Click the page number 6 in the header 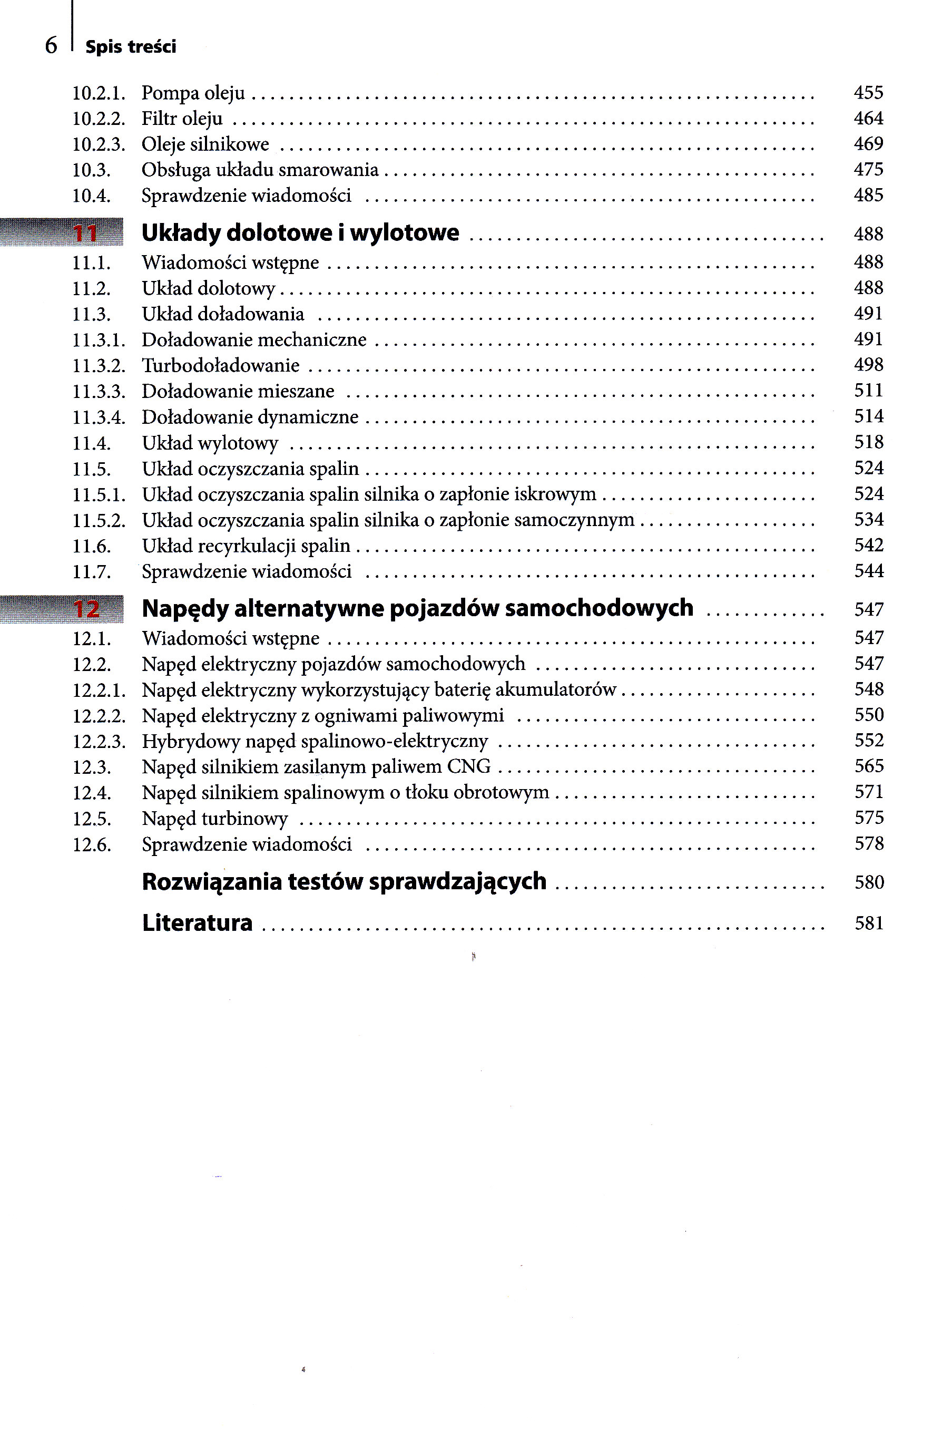point(51,46)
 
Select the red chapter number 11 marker point(85,233)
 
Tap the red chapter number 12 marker point(86,609)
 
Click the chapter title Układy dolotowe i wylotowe point(300,233)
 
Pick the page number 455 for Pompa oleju point(868,93)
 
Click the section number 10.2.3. point(99,145)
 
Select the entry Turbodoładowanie point(220,365)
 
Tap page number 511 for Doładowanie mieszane point(868,391)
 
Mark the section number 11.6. point(91,546)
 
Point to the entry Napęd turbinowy point(214,819)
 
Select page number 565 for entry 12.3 point(869,766)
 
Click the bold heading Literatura point(197,923)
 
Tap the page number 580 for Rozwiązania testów point(869,882)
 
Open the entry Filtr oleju point(181,119)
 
